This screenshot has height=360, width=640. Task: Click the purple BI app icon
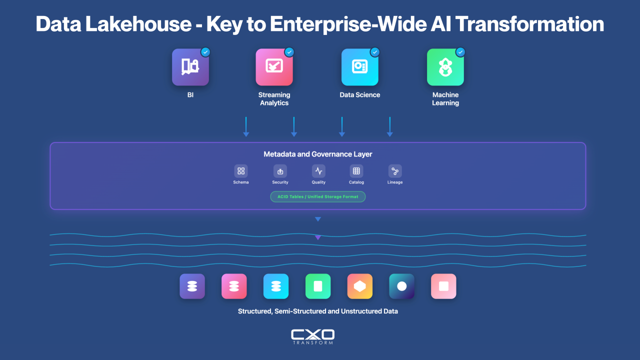click(190, 67)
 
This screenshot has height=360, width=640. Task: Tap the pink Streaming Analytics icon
click(274, 67)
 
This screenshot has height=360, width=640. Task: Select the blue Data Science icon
click(359, 67)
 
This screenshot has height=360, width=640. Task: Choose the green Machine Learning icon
click(445, 67)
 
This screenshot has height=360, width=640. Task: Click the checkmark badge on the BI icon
click(205, 52)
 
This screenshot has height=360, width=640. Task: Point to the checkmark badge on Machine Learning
click(460, 52)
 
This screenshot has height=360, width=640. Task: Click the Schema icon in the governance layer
click(241, 171)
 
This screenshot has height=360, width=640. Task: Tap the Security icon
click(280, 171)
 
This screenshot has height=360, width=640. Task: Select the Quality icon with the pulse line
click(318, 171)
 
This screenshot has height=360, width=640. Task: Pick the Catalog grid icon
click(356, 171)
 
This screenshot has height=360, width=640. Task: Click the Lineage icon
click(395, 171)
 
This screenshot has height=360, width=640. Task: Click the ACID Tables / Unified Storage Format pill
click(317, 196)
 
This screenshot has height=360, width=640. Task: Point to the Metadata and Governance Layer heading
click(317, 154)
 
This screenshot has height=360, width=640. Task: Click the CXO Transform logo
click(312, 336)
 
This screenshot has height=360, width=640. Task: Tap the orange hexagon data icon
click(359, 286)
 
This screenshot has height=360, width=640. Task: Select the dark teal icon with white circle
click(401, 286)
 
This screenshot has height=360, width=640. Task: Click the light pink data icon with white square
click(443, 286)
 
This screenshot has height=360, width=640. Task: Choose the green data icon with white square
click(317, 286)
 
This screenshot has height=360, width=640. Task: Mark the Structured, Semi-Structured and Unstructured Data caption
click(317, 311)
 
